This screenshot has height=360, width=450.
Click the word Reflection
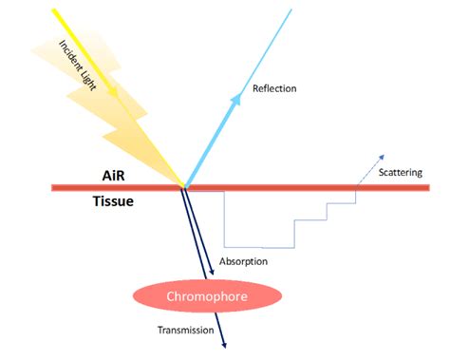click(x=275, y=88)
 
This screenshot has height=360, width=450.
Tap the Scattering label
click(x=401, y=174)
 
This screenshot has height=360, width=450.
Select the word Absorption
click(x=244, y=261)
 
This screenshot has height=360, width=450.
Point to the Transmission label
click(x=186, y=330)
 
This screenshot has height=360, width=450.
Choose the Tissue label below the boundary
click(x=114, y=201)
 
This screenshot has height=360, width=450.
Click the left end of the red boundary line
click(x=52, y=188)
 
